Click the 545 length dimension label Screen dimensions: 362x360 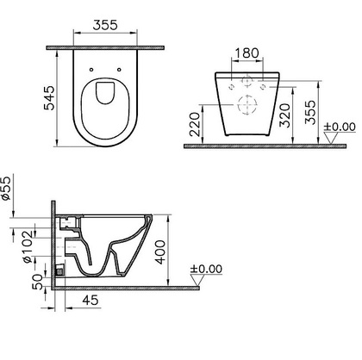pyautogui.click(x=49, y=98)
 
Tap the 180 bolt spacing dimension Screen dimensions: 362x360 pyautogui.click(x=247, y=53)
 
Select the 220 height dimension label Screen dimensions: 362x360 pyautogui.click(x=196, y=124)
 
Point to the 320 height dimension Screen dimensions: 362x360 pyautogui.click(x=285, y=115)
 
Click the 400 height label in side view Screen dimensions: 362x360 pyautogui.click(x=160, y=252)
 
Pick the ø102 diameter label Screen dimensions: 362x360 pyautogui.click(x=28, y=246)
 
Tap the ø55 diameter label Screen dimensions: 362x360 pyautogui.click(x=6, y=188)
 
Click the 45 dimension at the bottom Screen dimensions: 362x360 pyautogui.click(x=90, y=301)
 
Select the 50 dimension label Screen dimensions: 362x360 pyautogui.click(x=37, y=282)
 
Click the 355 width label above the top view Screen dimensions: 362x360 pyautogui.click(x=105, y=25)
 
